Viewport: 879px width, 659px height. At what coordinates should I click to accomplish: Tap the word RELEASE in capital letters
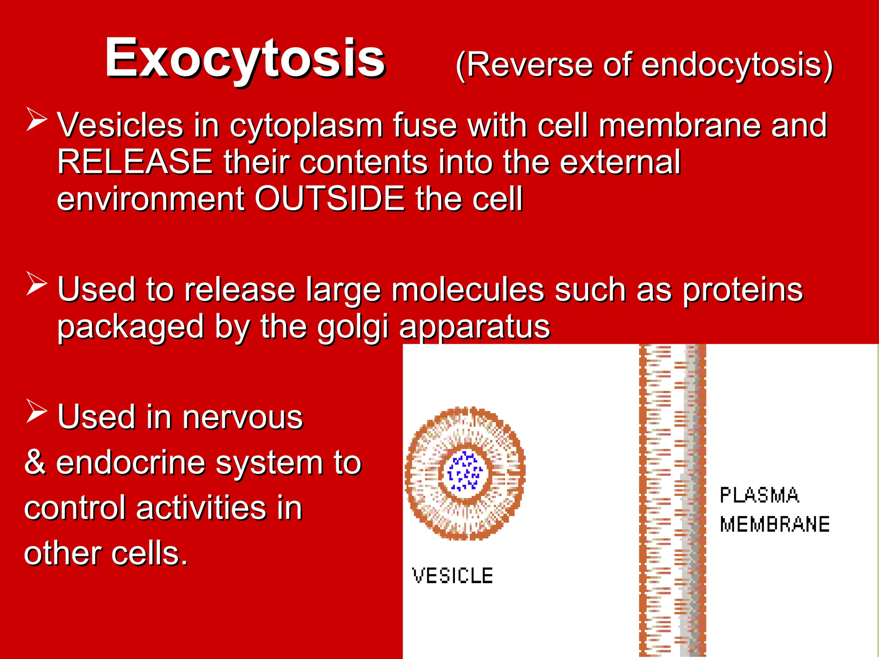click(x=135, y=162)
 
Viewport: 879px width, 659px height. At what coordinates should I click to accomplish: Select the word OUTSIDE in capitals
click(x=330, y=199)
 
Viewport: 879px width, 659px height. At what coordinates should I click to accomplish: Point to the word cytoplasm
click(x=306, y=125)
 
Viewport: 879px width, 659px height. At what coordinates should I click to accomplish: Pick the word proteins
click(x=743, y=290)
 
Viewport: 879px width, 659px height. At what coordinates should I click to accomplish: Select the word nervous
click(x=242, y=417)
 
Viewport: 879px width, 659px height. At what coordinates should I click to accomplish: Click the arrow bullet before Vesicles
click(x=36, y=119)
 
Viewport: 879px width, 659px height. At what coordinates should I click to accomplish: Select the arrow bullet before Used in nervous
click(x=36, y=411)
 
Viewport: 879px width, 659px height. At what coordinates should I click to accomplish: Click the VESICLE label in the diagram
click(x=452, y=576)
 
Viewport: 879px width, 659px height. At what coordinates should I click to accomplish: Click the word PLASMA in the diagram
click(x=759, y=496)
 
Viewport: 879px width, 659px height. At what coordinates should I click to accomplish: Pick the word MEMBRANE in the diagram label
click(x=775, y=524)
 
